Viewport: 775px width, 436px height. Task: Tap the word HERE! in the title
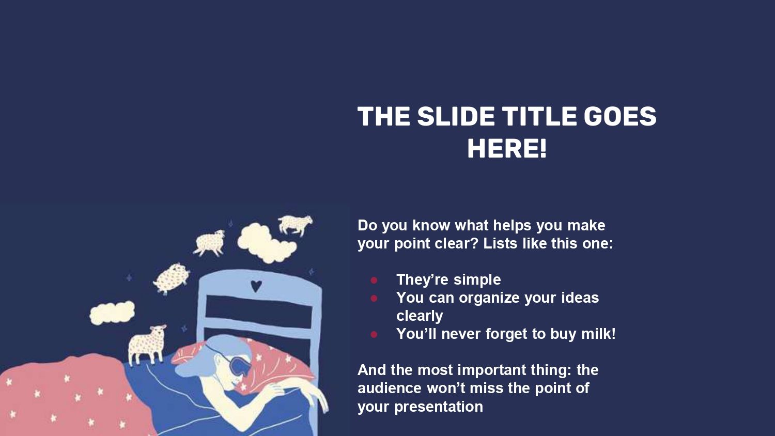click(x=507, y=149)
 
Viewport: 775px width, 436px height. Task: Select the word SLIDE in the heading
click(x=456, y=116)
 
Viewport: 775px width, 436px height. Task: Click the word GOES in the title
click(x=619, y=116)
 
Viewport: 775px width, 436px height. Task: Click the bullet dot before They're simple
click(x=374, y=280)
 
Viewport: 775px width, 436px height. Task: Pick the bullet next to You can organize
click(x=374, y=298)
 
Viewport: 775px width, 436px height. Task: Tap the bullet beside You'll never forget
click(x=374, y=334)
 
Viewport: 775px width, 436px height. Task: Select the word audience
click(x=389, y=388)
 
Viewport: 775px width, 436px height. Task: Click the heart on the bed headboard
click(x=256, y=286)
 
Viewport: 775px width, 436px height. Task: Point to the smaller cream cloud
click(x=112, y=313)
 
